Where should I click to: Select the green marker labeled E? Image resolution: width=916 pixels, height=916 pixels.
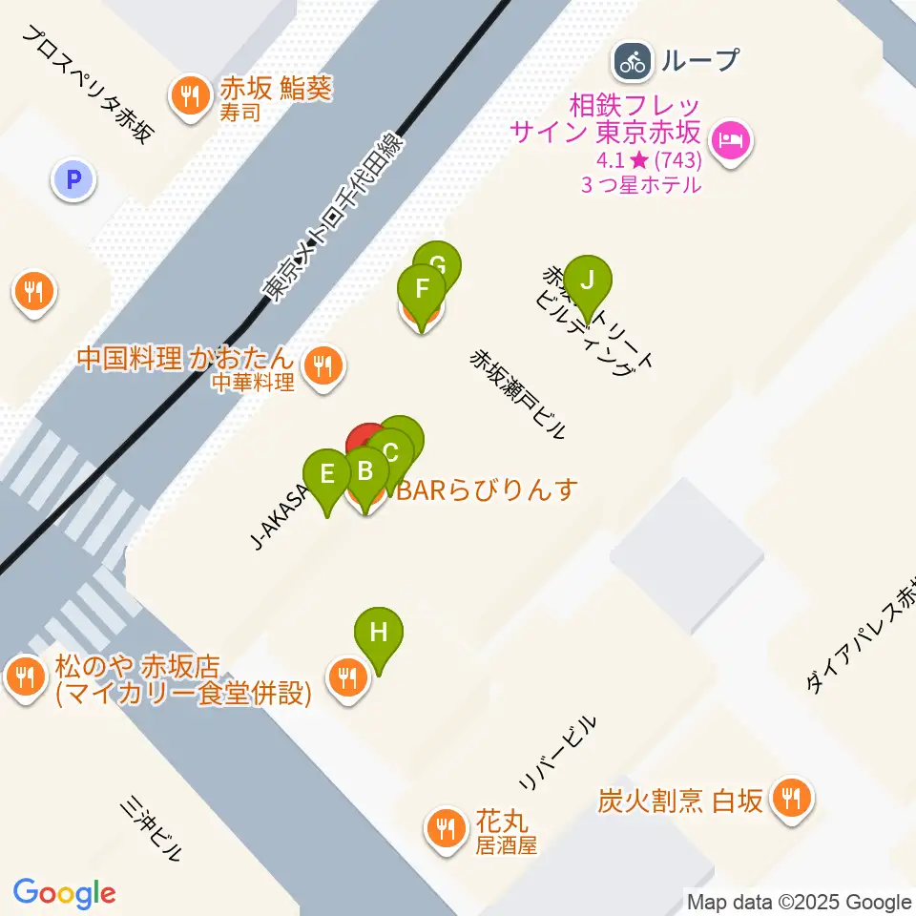327,475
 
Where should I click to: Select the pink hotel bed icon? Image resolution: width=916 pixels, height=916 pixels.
733,143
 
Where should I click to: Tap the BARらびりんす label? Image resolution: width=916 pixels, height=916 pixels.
487,491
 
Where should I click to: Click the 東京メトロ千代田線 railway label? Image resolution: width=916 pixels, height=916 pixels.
335,219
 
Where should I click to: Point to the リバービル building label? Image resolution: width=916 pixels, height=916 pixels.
558,754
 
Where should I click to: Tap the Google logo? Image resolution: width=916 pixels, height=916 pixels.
64,893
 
